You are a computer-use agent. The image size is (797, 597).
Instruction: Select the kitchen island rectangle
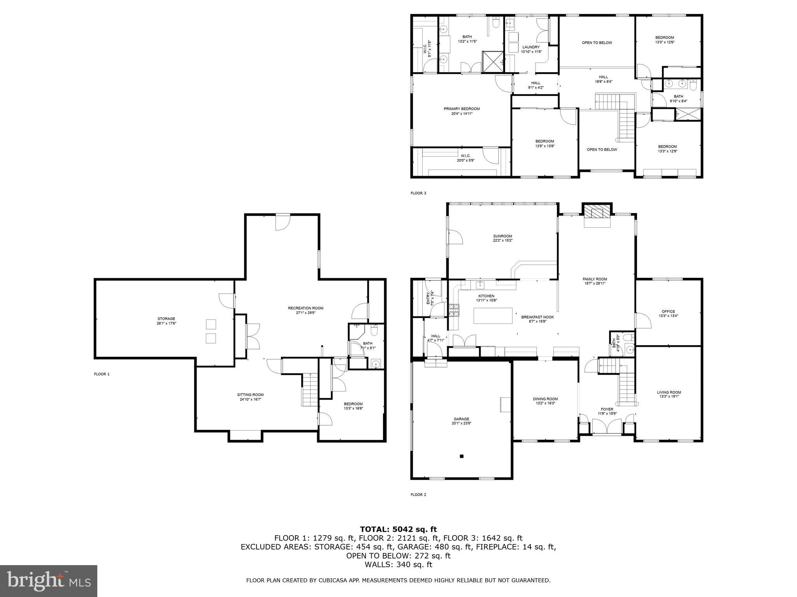(x=493, y=316)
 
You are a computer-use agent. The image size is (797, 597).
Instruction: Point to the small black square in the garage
(x=462, y=456)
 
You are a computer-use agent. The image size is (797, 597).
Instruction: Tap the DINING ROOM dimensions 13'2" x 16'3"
(x=545, y=403)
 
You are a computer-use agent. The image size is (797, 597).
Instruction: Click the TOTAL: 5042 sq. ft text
(x=398, y=529)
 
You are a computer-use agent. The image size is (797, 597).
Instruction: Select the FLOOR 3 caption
(x=418, y=193)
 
